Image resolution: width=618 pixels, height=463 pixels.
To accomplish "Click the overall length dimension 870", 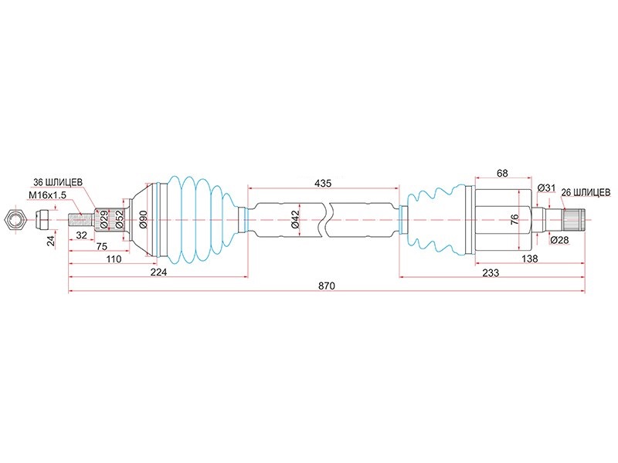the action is pyautogui.click(x=327, y=286).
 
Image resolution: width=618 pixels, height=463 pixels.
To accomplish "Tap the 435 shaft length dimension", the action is pyautogui.click(x=323, y=183).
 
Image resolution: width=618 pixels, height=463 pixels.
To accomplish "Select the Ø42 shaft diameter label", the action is pyautogui.click(x=296, y=219).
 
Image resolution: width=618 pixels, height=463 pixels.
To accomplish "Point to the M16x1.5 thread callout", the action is pyautogui.click(x=47, y=195).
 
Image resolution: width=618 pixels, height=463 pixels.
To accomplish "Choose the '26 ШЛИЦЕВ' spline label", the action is pyautogui.click(x=586, y=192).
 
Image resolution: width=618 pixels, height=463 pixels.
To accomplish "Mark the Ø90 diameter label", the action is pyautogui.click(x=143, y=219).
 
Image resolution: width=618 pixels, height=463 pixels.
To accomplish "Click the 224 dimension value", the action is pyautogui.click(x=158, y=272).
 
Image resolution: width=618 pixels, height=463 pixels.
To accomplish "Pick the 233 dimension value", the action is pyautogui.click(x=491, y=272).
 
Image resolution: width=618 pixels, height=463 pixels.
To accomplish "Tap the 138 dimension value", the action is pyautogui.click(x=529, y=259).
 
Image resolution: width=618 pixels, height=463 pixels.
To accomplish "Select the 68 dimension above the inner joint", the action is pyautogui.click(x=502, y=173).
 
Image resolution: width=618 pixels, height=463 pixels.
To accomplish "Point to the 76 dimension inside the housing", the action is pyautogui.click(x=514, y=219).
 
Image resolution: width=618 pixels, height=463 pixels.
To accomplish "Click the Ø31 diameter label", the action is pyautogui.click(x=546, y=188).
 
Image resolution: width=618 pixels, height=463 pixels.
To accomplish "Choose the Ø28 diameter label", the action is pyautogui.click(x=559, y=239).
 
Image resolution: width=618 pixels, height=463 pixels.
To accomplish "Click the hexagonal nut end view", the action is pyautogui.click(x=14, y=219).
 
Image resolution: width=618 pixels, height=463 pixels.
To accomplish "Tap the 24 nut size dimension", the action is pyautogui.click(x=51, y=242).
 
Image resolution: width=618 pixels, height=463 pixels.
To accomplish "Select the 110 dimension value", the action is pyautogui.click(x=114, y=259).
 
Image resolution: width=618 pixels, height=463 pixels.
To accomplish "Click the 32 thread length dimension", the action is pyautogui.click(x=81, y=235).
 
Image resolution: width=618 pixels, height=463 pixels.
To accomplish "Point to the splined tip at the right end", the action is pyautogui.click(x=574, y=220).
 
